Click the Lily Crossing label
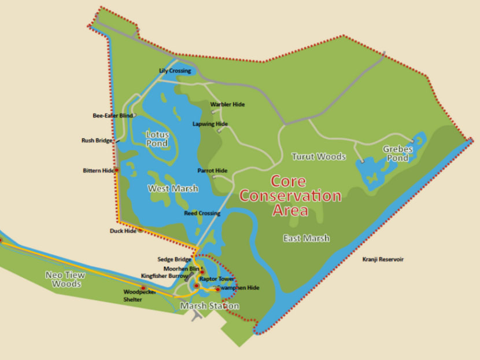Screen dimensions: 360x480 [175, 71]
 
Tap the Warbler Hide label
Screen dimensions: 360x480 [227, 104]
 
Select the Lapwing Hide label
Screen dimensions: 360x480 [210, 124]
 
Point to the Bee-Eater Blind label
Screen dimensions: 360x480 [113, 116]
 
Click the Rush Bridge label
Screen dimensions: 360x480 [97, 140]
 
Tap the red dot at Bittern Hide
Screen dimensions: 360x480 [116, 170]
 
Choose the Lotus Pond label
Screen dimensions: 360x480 [157, 139]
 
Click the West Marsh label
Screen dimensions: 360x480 [173, 189]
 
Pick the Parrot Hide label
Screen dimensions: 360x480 [212, 171]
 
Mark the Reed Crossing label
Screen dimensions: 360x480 [202, 213]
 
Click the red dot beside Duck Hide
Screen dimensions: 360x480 [140, 230]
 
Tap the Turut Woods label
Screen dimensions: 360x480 [318, 157]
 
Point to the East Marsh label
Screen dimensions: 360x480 [307, 238]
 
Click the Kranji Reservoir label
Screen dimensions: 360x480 [383, 259]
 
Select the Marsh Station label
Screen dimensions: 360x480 [209, 306]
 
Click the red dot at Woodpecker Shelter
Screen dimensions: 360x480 [143, 288]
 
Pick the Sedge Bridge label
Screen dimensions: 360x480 [174, 260]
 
